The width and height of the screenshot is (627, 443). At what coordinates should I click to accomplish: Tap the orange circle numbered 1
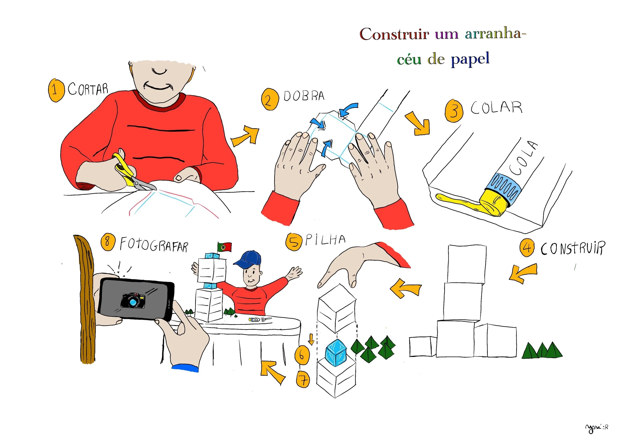(x=56, y=90)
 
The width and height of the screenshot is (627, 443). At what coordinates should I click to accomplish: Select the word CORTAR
(x=88, y=89)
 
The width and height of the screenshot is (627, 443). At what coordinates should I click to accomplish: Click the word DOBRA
(x=304, y=96)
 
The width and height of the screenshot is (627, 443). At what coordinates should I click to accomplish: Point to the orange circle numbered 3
(x=454, y=111)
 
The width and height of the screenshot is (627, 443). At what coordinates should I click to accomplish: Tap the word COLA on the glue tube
(x=523, y=158)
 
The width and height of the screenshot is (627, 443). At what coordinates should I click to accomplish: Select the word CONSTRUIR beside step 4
(x=573, y=249)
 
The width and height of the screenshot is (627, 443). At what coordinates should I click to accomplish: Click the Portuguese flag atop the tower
(x=224, y=247)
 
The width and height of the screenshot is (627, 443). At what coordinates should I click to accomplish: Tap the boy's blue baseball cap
(x=248, y=259)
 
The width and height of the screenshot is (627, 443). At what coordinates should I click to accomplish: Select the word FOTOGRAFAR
(x=154, y=244)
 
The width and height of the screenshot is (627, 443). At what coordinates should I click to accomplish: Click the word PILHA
(x=325, y=240)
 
